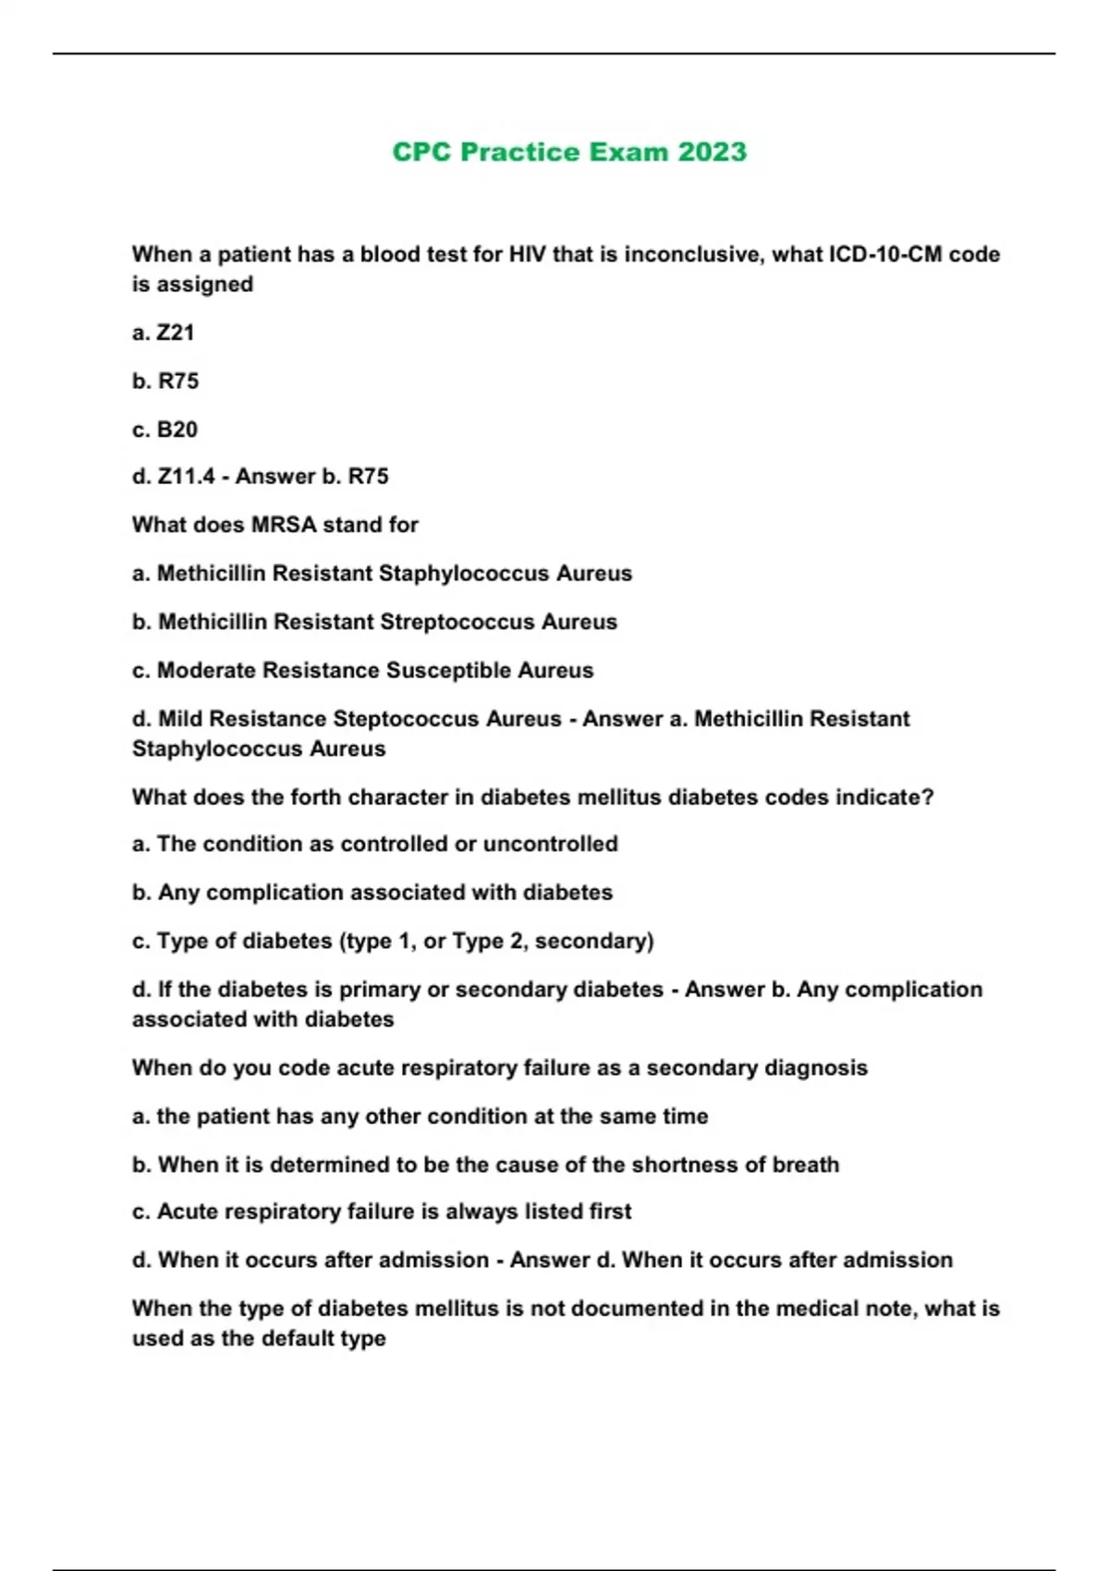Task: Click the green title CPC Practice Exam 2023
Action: point(569,152)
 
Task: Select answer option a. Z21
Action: point(164,333)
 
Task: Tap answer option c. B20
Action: point(165,430)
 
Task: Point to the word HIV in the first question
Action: point(528,254)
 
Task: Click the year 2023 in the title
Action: point(712,152)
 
